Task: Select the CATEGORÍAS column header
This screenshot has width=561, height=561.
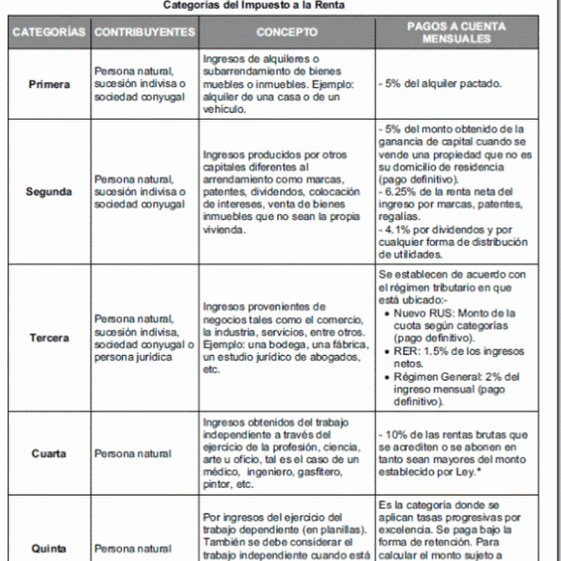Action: tap(48, 32)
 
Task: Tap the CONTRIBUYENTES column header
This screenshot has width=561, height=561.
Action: tap(144, 32)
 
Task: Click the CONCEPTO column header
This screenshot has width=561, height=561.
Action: tap(286, 32)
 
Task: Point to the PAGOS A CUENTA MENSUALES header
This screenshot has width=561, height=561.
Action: tap(457, 32)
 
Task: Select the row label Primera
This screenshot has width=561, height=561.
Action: tap(49, 84)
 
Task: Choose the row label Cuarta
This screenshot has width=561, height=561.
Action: tap(49, 453)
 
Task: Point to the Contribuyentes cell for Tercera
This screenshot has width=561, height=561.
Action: tap(144, 337)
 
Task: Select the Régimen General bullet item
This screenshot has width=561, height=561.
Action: tap(454, 389)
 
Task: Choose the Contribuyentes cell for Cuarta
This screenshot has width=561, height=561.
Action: tap(133, 453)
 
